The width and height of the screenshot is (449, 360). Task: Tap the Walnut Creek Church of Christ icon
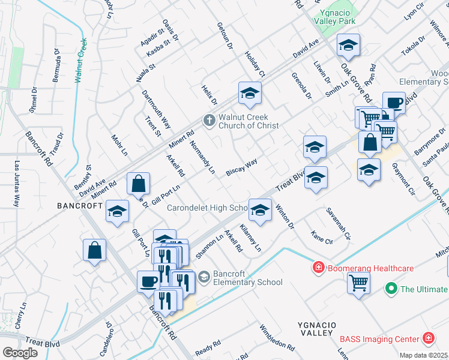tap(209, 121)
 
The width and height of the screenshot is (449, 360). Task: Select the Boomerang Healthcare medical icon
tap(318, 267)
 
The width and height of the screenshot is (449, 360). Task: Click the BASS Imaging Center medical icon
tap(428, 339)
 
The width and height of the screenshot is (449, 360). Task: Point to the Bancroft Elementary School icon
tap(204, 277)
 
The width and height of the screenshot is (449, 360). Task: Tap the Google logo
tap(20, 352)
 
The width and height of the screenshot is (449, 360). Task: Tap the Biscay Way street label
tap(242, 167)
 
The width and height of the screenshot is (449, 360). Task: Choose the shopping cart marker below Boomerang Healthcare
tap(358, 282)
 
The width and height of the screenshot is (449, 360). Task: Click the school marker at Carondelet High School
tap(259, 209)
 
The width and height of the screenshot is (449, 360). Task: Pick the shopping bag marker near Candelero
tap(95, 251)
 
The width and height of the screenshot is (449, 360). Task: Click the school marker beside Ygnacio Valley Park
tap(348, 45)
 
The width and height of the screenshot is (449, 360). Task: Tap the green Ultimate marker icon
tap(391, 289)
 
